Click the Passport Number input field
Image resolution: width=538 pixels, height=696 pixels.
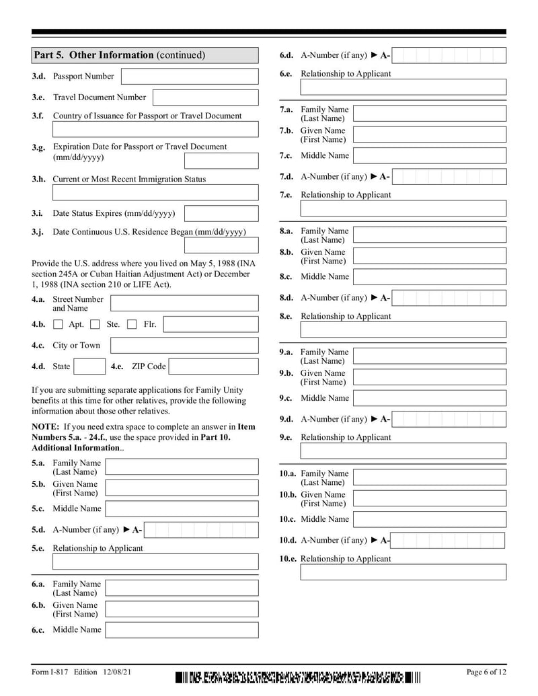click(x=189, y=77)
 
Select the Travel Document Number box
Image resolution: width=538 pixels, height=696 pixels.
click(x=205, y=98)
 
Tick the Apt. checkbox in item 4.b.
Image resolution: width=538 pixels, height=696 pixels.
click(x=58, y=325)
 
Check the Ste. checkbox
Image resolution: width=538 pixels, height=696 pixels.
click(x=95, y=325)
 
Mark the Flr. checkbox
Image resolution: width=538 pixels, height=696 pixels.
click(x=132, y=325)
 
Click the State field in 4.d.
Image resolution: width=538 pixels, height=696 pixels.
click(x=89, y=366)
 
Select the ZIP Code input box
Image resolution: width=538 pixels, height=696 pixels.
click(x=213, y=366)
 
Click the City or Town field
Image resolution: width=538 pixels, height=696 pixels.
click(x=184, y=346)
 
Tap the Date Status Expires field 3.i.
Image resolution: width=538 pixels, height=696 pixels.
click(x=221, y=214)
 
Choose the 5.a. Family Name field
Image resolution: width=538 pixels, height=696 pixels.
click(x=182, y=467)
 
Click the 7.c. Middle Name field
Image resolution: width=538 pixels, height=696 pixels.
click(x=429, y=155)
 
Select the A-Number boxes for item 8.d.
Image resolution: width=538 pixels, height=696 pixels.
click(x=449, y=298)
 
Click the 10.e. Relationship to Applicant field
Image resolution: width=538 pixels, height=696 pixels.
click(x=403, y=572)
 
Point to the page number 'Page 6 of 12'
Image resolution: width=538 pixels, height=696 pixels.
click(x=486, y=672)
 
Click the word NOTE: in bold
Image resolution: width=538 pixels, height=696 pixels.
click(x=45, y=426)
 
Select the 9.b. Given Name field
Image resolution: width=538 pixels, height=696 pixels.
click(x=429, y=377)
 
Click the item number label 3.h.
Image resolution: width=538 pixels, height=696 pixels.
click(x=38, y=180)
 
